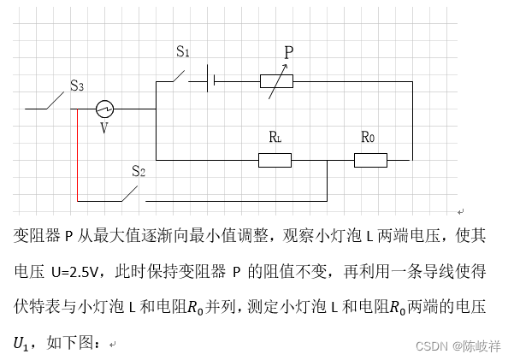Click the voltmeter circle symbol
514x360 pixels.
pos(103,109)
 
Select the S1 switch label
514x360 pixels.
pos(183,51)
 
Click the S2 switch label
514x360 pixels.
pos(138,171)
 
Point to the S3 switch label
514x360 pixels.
pos(76,86)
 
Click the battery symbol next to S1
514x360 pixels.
pos(211,81)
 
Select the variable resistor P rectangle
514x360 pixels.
pos(276,81)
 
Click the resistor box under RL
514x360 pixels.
pos(275,160)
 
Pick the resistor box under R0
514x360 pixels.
pos(371,160)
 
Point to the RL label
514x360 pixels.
pos(275,137)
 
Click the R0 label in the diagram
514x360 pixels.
pos(368,137)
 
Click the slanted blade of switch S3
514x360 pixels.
pos(57,101)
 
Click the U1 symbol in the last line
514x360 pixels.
pos(21,344)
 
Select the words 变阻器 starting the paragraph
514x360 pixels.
pos(35,233)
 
